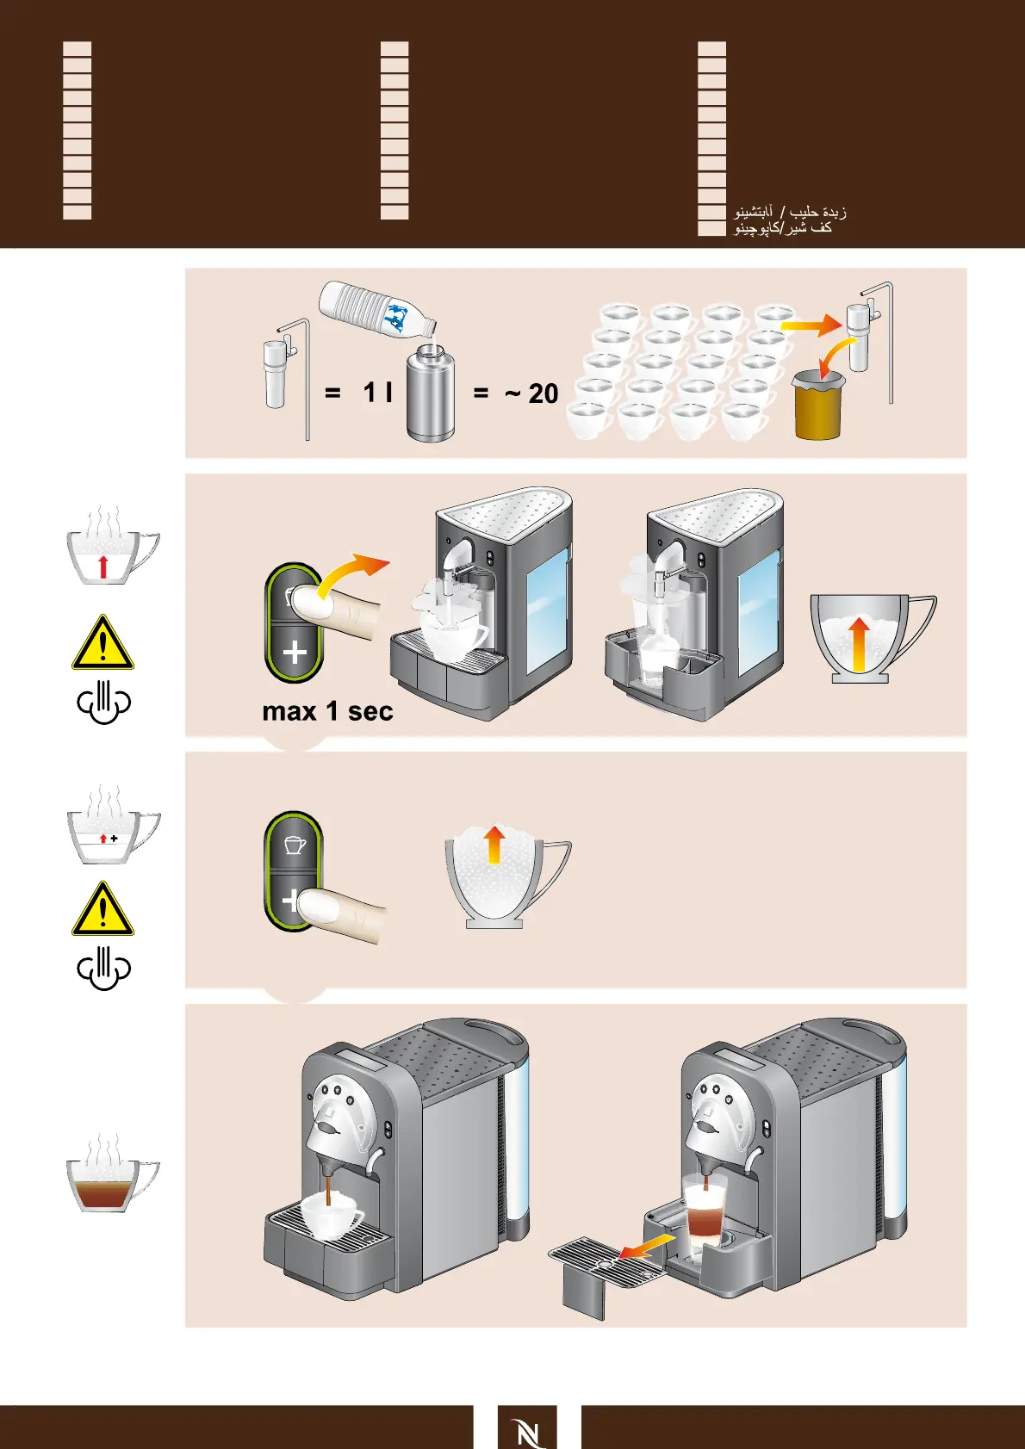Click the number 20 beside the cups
click(543, 393)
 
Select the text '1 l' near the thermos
click(377, 393)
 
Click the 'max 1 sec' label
click(327, 712)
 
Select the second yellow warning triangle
click(102, 911)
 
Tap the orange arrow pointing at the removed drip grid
click(648, 1246)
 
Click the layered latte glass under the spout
click(705, 1211)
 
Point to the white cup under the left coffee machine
click(332, 1214)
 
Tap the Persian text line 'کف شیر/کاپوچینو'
click(783, 228)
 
